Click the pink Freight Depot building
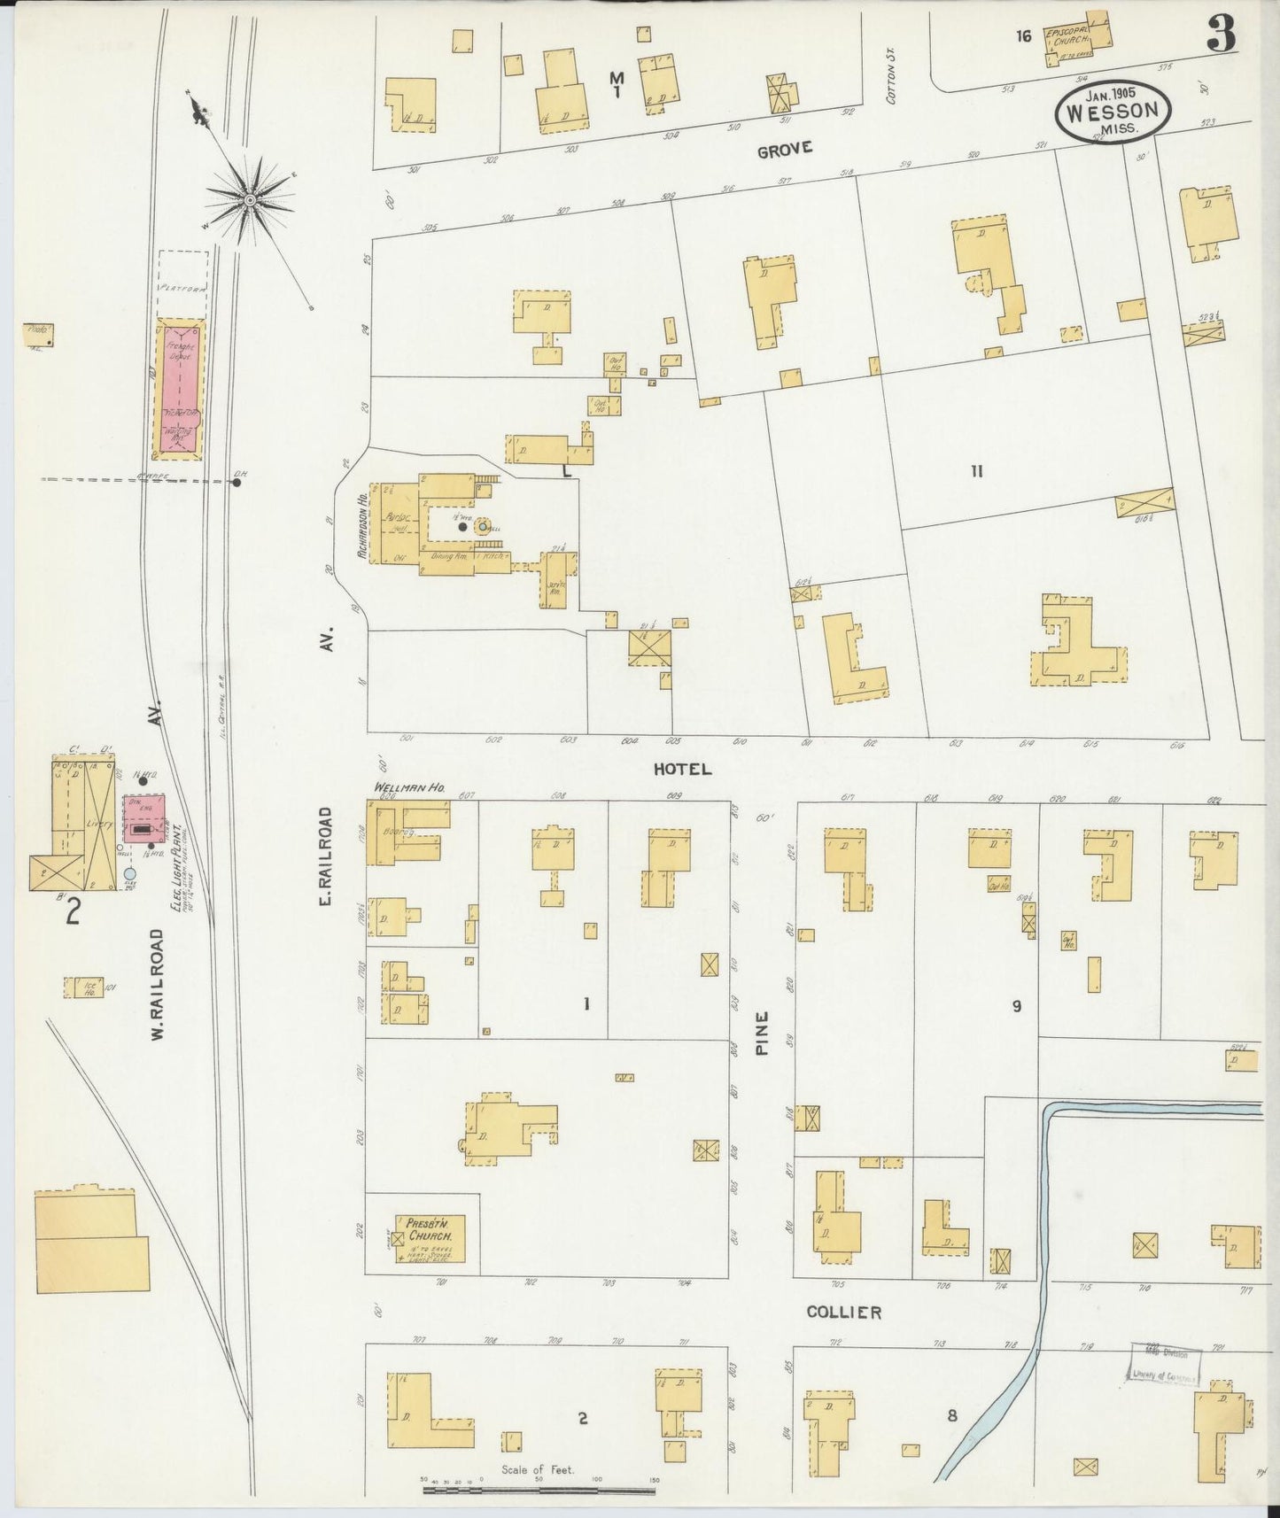[x=182, y=390]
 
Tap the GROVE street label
[x=784, y=149]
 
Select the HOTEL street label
[x=682, y=770]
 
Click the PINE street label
[x=762, y=1033]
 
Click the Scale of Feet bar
[x=539, y=1490]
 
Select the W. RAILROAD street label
[x=158, y=984]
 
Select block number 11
[x=976, y=472]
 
